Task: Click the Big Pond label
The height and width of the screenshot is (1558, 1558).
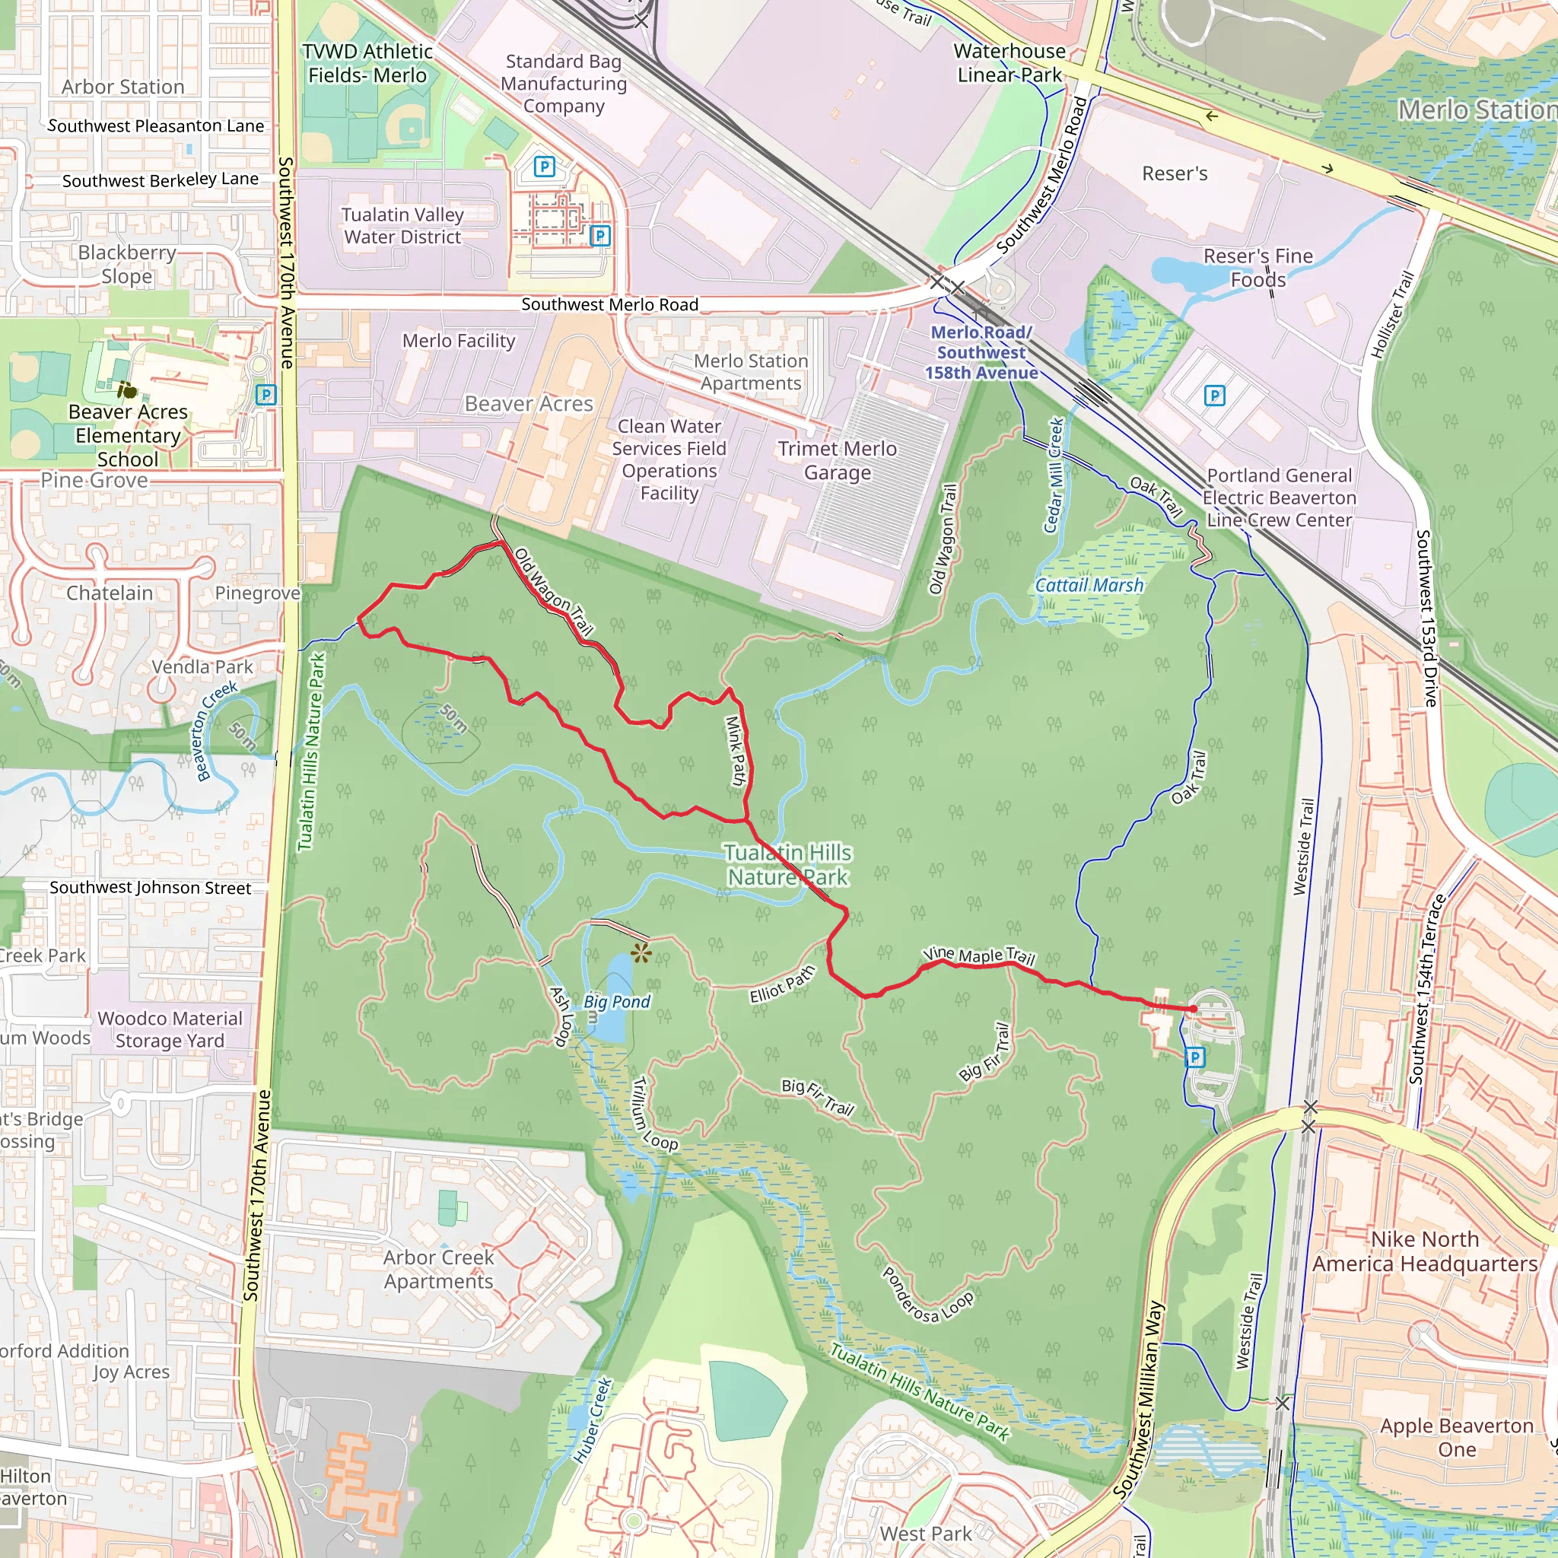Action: (617, 1002)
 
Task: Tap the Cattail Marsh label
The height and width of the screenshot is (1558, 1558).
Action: (1089, 586)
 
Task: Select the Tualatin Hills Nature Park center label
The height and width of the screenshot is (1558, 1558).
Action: (787, 864)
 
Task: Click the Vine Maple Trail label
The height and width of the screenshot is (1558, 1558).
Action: (978, 955)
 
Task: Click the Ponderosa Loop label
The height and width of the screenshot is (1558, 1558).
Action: (927, 1296)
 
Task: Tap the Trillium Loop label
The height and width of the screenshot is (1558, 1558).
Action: (653, 1114)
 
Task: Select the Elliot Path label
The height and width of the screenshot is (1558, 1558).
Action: (782, 984)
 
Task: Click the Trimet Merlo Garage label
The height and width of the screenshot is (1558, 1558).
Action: (837, 460)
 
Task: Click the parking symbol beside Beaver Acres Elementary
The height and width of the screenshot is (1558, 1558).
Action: (265, 395)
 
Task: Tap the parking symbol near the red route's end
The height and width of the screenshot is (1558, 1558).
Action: (1195, 1057)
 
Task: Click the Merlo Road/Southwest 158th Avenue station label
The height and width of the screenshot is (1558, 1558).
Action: (981, 352)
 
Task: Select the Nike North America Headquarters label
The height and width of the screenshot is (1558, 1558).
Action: (1425, 1251)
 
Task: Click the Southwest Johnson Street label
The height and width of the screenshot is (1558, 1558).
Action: (150, 888)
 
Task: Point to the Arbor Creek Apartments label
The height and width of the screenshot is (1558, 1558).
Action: (439, 1270)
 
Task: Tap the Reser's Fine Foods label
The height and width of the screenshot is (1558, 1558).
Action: (1258, 268)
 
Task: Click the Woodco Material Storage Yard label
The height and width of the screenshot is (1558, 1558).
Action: (170, 1030)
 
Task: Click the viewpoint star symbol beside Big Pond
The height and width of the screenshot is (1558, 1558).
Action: (641, 954)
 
